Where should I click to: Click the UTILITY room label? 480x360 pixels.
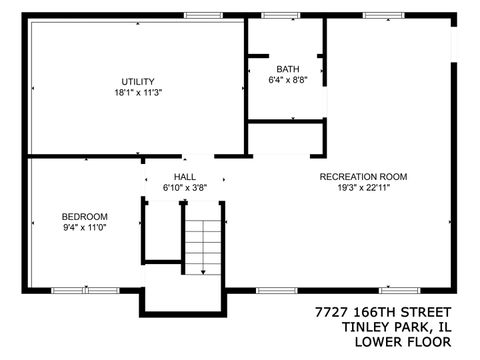coord(138,81)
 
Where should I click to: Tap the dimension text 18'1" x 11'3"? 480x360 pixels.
coord(138,93)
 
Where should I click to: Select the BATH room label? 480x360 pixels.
coord(288,69)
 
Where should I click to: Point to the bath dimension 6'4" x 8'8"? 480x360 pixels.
coord(288,81)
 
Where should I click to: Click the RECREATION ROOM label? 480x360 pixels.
coord(363,176)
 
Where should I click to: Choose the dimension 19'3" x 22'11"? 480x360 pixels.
coord(363,188)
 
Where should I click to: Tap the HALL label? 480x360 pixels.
coord(185,175)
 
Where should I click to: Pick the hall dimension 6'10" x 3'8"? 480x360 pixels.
coord(185,187)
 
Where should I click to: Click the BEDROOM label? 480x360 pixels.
coord(84,216)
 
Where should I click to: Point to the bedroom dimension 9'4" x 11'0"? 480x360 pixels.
coord(84,228)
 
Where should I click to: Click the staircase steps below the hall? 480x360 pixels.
coord(204,245)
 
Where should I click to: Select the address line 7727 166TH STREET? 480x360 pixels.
coord(383,313)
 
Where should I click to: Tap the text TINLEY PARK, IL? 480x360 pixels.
coord(397,328)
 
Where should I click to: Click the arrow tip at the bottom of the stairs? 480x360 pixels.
coord(204,272)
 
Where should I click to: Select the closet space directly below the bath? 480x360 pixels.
coord(286,138)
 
